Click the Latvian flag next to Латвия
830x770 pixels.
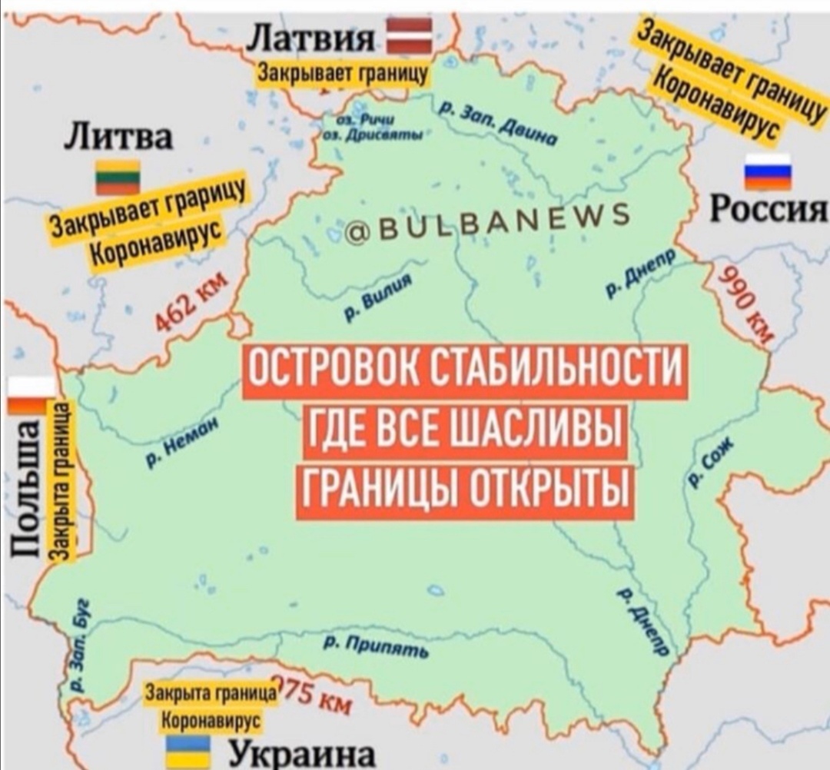click(409, 38)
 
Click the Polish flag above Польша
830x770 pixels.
click(31, 396)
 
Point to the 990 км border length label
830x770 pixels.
click(743, 300)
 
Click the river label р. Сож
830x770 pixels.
click(712, 460)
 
